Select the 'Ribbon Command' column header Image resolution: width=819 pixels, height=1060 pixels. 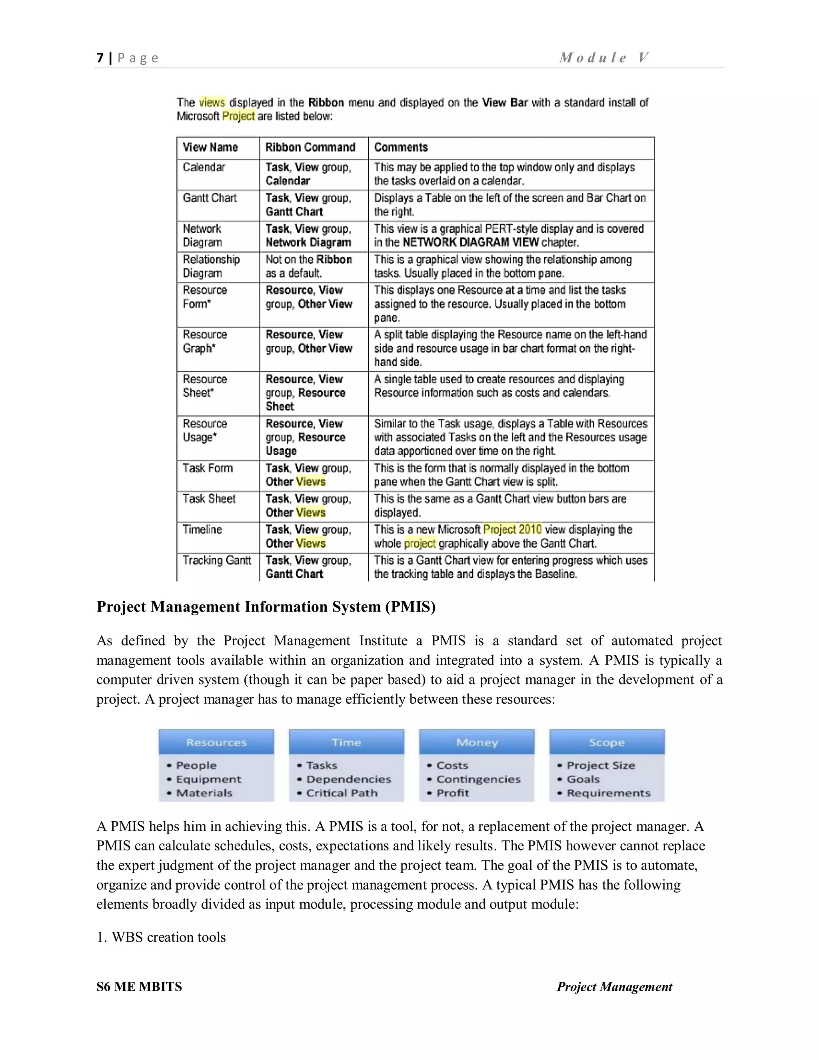(x=310, y=148)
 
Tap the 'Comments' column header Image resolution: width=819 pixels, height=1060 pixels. (x=401, y=148)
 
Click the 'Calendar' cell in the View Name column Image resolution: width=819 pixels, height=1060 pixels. (x=204, y=168)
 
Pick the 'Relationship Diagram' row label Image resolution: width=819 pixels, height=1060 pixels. (x=211, y=266)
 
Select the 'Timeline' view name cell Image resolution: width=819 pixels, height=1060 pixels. (x=202, y=530)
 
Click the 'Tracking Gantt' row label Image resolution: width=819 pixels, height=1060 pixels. (x=216, y=560)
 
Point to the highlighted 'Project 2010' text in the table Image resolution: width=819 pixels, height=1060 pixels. (x=512, y=530)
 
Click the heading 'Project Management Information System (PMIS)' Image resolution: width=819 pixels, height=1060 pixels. (x=266, y=607)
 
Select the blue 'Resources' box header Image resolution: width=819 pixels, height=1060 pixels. (x=216, y=742)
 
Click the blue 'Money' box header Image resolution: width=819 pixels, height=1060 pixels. (x=476, y=742)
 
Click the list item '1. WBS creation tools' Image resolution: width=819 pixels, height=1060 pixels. (x=161, y=937)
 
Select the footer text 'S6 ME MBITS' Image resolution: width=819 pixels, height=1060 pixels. (x=139, y=987)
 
